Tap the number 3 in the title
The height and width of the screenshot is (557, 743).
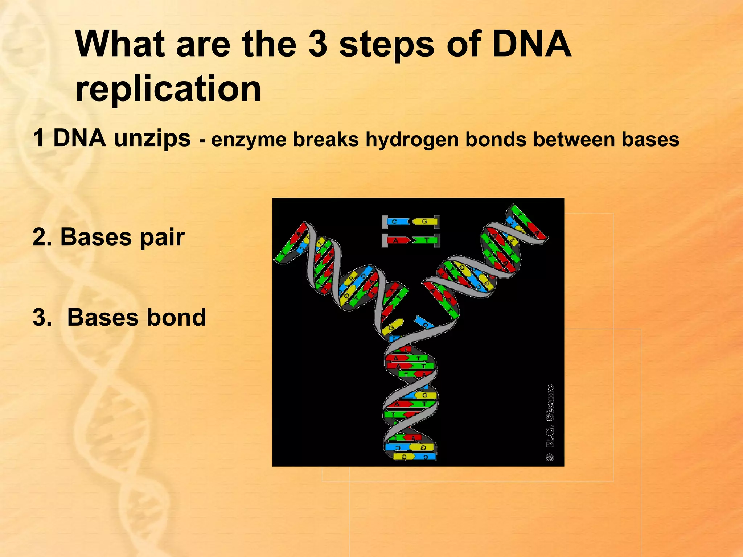(317, 44)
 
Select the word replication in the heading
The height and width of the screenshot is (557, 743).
(168, 89)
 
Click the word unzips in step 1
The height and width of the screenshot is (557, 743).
(152, 139)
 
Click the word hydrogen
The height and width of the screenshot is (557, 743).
(412, 140)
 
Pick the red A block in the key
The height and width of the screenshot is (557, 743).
(397, 240)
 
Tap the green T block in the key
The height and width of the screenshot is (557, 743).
(425, 240)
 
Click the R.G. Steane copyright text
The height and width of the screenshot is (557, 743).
(550, 422)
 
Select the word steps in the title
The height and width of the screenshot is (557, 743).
(386, 44)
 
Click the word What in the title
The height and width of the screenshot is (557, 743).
(120, 44)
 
